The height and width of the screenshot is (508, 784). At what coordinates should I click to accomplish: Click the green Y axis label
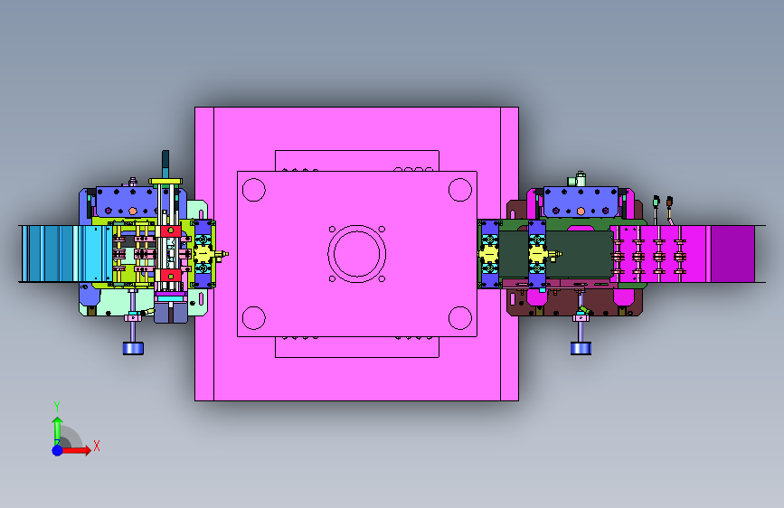(x=57, y=407)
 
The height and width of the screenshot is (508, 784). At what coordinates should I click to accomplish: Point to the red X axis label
(x=97, y=446)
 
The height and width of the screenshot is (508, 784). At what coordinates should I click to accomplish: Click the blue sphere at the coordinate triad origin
(x=58, y=450)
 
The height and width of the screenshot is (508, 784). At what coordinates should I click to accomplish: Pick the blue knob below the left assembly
(x=133, y=348)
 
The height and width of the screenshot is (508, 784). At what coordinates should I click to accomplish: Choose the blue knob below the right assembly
(x=581, y=348)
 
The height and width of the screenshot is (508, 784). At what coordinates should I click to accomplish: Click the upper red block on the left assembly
(x=171, y=231)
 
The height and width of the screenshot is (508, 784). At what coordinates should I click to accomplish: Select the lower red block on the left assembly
(x=171, y=276)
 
